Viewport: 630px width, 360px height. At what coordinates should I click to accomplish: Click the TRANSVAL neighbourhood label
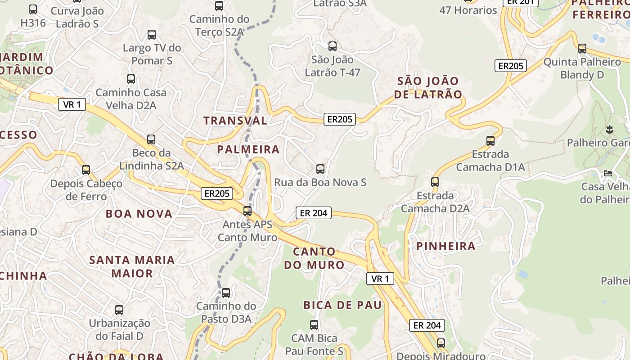pos(235,121)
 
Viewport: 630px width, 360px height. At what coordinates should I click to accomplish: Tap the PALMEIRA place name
pos(248,149)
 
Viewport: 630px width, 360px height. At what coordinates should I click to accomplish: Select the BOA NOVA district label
pos(139,214)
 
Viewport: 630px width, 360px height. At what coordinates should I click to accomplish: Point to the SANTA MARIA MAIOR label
pos(132,266)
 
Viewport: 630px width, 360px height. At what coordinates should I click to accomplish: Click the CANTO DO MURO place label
pos(314,258)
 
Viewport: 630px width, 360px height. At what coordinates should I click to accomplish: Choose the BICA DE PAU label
pos(342,305)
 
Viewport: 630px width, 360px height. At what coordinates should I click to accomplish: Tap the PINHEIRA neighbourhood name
pos(445,246)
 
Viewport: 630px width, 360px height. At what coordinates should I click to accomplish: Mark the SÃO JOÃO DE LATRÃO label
pos(428,88)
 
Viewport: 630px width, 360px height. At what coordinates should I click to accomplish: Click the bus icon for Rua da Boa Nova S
pos(320,169)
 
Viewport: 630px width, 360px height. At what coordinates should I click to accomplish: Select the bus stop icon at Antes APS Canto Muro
pos(247,211)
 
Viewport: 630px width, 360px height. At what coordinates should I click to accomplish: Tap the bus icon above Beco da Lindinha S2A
pos(151,139)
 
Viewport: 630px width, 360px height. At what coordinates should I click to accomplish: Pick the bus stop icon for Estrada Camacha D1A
pos(490,141)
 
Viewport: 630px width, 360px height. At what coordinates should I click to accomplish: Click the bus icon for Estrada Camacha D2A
pos(435,182)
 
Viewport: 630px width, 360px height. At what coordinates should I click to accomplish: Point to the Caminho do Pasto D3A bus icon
pos(226,293)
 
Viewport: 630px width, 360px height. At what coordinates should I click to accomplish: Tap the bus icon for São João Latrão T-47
pos(333,46)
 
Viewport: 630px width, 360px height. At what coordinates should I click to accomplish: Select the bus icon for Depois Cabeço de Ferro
pos(86,171)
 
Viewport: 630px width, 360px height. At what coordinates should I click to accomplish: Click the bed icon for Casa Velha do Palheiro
pos(608,173)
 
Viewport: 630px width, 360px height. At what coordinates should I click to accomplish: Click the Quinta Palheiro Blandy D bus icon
pos(582,49)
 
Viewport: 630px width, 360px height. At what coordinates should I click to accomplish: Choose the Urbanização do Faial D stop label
pos(119,329)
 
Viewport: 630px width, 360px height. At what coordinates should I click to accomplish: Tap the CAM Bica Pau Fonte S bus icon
pos(314,325)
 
